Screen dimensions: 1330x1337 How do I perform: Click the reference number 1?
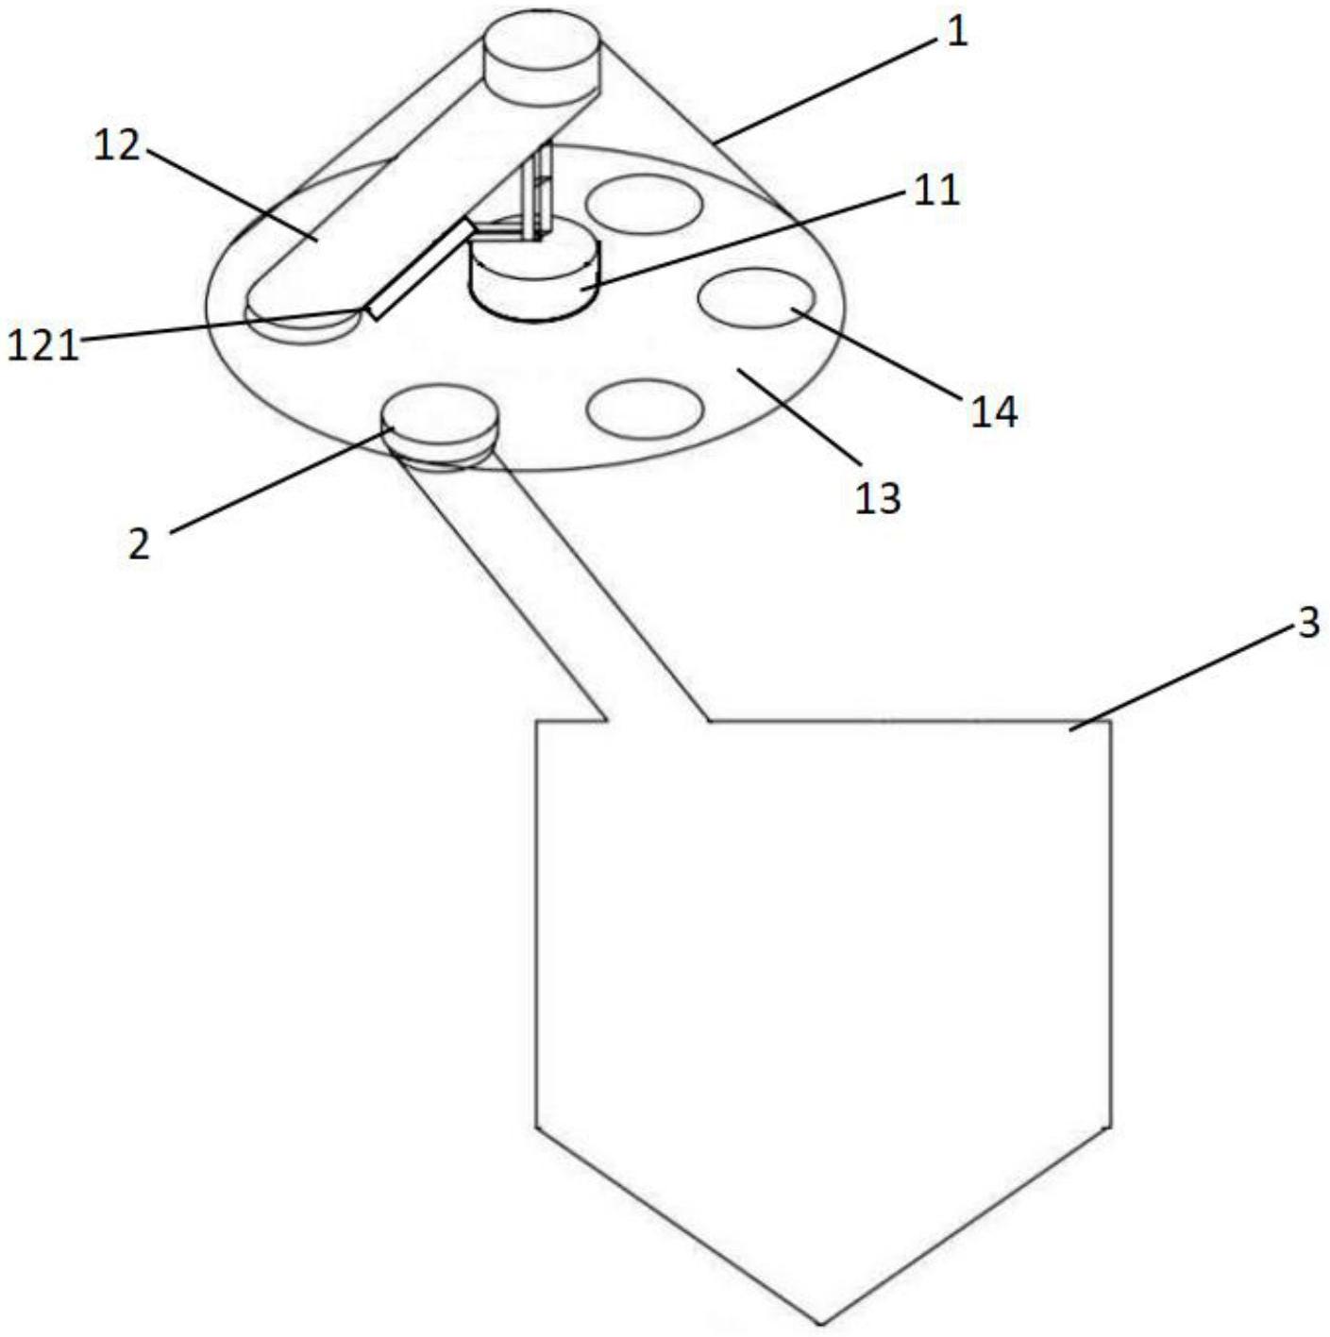tap(957, 33)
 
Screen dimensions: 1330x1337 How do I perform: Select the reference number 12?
tap(117, 146)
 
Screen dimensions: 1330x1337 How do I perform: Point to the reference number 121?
tap(42, 345)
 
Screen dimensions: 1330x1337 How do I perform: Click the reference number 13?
tap(878, 497)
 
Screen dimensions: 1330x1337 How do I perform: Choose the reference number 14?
tap(995, 411)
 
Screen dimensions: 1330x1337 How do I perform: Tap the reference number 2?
tap(139, 543)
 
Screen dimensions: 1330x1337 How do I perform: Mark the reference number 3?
tap(1307, 623)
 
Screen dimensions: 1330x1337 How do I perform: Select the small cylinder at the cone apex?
tap(542, 57)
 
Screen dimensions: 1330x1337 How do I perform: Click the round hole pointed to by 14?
tap(755, 298)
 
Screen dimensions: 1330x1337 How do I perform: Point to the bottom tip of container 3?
tap(821, 1320)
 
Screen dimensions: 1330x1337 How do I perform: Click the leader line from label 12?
tap(227, 193)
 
